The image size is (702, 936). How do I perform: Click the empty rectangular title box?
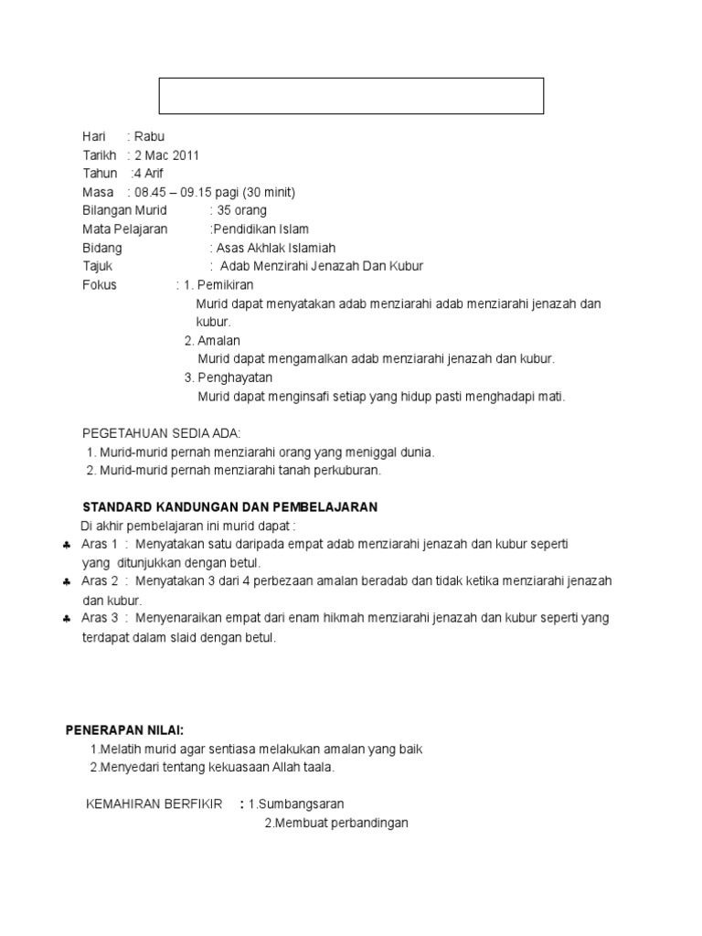[x=352, y=96]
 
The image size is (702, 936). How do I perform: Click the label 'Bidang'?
[x=101, y=248]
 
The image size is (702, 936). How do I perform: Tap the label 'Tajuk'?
[x=98, y=266]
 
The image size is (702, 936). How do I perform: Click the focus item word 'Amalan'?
[x=218, y=341]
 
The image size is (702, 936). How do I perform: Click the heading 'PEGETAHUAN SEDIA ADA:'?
[x=162, y=432]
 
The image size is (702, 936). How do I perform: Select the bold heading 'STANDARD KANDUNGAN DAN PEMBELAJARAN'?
[x=230, y=506]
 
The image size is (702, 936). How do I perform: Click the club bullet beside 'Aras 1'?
[x=68, y=545]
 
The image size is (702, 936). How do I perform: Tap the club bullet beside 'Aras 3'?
[x=68, y=619]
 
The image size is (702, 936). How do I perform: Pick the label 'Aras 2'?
[x=100, y=581]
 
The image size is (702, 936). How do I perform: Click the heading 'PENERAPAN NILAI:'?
[x=124, y=730]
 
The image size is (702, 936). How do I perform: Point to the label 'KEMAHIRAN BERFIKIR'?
[x=154, y=804]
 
